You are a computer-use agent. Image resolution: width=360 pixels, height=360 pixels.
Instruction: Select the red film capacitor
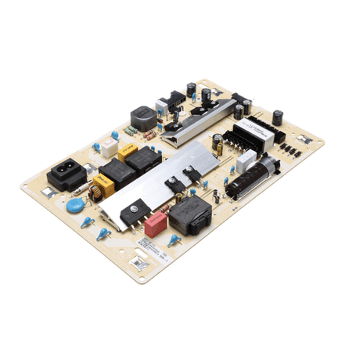coord(157,225)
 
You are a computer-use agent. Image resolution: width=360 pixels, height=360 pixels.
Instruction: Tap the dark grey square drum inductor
coord(142,117)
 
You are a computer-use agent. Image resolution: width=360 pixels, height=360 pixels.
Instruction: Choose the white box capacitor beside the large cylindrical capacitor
coord(247,161)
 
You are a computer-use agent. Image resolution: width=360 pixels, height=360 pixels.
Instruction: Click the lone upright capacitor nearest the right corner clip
coord(278,117)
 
